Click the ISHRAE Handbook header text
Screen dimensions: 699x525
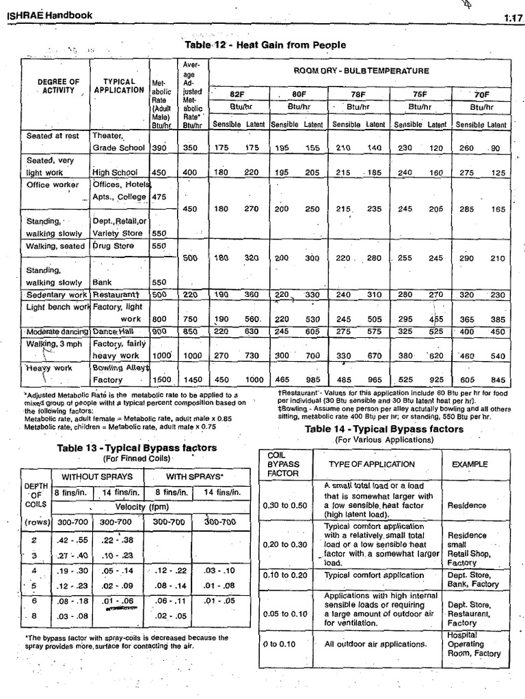point(49,14)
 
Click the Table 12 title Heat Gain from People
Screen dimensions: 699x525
point(265,45)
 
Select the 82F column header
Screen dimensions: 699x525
point(237,94)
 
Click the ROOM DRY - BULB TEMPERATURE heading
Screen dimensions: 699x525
point(361,70)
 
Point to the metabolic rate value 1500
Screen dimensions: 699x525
point(161,380)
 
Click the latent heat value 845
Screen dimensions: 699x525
point(498,380)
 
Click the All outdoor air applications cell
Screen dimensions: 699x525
point(376,644)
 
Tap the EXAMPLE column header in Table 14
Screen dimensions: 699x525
point(470,464)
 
